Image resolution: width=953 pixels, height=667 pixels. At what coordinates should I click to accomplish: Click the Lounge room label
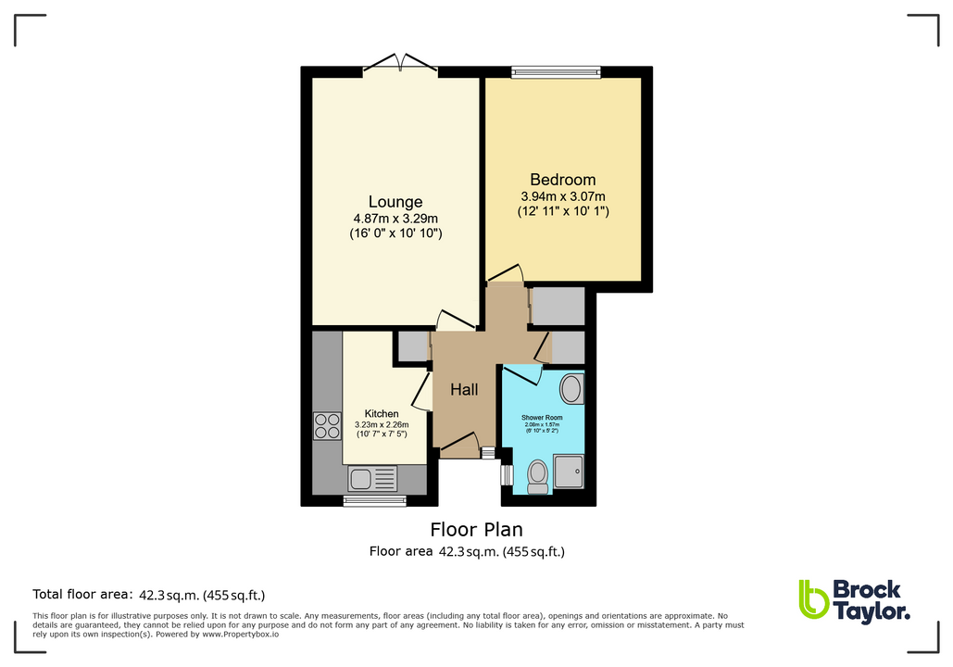tap(395, 202)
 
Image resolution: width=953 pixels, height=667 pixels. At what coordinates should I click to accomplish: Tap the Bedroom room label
tap(562, 180)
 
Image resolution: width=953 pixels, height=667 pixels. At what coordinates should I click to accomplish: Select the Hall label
tap(464, 390)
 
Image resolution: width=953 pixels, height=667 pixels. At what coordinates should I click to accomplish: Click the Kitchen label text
tap(382, 414)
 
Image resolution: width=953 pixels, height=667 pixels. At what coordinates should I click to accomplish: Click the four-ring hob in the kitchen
tap(328, 425)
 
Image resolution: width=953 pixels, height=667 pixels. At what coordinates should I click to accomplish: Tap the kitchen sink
tap(372, 478)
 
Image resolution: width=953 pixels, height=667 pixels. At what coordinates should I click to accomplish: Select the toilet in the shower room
tap(537, 475)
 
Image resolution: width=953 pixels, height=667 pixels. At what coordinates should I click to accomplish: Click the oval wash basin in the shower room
tap(572, 389)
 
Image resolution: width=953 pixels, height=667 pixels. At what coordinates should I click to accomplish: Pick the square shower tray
tap(569, 471)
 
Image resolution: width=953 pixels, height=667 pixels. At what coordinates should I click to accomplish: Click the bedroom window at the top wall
tap(557, 71)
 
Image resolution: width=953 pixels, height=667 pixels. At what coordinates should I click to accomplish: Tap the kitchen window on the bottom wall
tap(374, 500)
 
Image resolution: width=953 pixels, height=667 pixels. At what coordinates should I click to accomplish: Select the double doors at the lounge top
tap(400, 64)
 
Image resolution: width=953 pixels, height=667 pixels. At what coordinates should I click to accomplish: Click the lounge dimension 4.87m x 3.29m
tap(395, 219)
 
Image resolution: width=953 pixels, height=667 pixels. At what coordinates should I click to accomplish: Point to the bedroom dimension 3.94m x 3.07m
tap(562, 195)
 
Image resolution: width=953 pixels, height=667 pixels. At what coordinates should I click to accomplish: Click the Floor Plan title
tap(476, 530)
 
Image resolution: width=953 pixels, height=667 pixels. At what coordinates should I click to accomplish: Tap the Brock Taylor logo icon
tap(813, 599)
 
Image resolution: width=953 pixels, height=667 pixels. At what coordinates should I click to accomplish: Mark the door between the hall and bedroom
tap(507, 274)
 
